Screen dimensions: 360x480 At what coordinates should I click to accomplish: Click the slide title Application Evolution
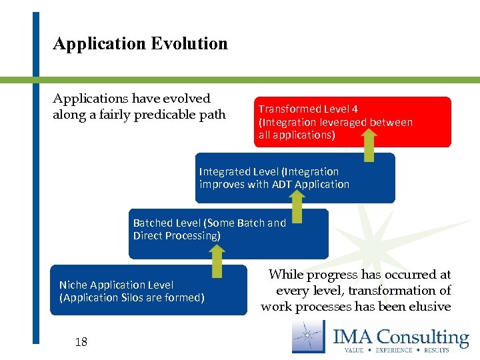click(x=140, y=44)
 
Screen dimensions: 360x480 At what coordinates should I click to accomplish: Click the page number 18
click(x=81, y=342)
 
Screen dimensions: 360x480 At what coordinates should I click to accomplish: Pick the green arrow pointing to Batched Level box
click(x=217, y=261)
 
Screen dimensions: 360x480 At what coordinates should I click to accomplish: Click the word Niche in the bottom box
click(x=73, y=285)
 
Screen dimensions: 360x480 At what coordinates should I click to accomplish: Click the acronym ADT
click(x=282, y=184)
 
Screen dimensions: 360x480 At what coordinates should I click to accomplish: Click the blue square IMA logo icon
click(x=308, y=336)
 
